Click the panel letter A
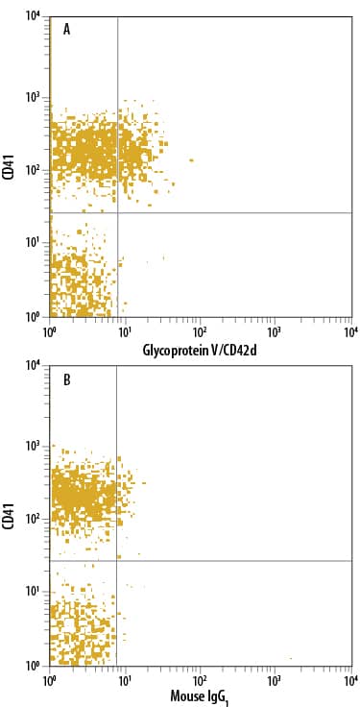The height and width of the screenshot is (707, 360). coord(67,30)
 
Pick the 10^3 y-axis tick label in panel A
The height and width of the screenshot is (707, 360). coord(33,97)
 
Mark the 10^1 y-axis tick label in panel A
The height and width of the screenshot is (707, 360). coord(33,242)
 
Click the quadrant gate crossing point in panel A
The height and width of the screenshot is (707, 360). coord(117,212)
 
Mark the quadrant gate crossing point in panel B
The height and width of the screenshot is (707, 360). coord(116,561)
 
